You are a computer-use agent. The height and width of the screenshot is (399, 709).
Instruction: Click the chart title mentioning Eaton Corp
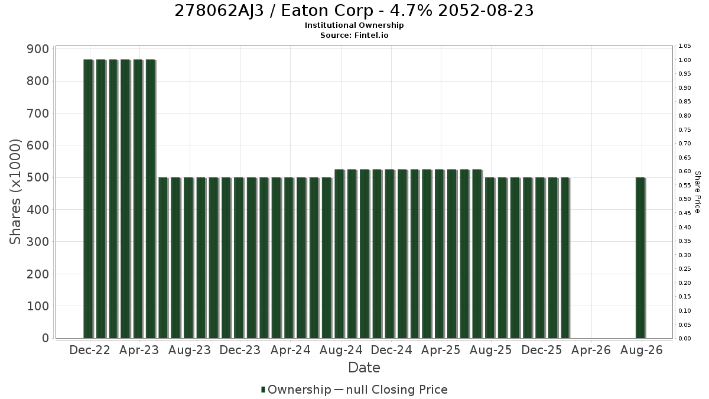354,11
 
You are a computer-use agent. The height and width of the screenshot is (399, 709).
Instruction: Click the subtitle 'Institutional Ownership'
354,25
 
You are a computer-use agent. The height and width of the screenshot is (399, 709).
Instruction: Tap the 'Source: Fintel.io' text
354,35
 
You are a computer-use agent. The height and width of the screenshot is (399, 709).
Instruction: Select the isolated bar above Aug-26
640,258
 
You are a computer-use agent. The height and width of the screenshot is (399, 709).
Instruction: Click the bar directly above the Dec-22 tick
88,199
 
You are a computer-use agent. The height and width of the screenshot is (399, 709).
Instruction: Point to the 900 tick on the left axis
38,49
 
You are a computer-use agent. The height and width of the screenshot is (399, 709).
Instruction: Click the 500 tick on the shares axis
38,177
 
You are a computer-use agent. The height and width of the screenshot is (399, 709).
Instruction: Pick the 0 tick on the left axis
45,338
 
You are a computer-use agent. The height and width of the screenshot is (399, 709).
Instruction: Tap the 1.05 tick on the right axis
685,46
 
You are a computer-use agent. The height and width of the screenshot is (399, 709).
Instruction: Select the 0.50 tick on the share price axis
685,199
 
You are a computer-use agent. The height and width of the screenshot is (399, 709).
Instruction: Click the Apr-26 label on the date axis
591,350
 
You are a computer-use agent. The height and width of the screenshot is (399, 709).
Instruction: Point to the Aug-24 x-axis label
341,350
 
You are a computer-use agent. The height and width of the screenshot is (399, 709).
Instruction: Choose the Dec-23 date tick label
240,350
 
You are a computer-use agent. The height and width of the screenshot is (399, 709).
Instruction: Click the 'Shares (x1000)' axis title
15,192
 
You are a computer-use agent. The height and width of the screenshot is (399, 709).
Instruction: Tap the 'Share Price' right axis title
697,192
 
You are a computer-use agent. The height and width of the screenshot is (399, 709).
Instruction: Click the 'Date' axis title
364,368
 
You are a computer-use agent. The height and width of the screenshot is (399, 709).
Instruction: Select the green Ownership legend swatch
263,390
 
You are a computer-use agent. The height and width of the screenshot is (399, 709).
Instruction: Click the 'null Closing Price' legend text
397,390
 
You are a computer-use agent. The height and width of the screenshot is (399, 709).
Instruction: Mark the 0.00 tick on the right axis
685,339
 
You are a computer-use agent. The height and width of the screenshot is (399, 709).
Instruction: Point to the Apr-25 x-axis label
441,350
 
